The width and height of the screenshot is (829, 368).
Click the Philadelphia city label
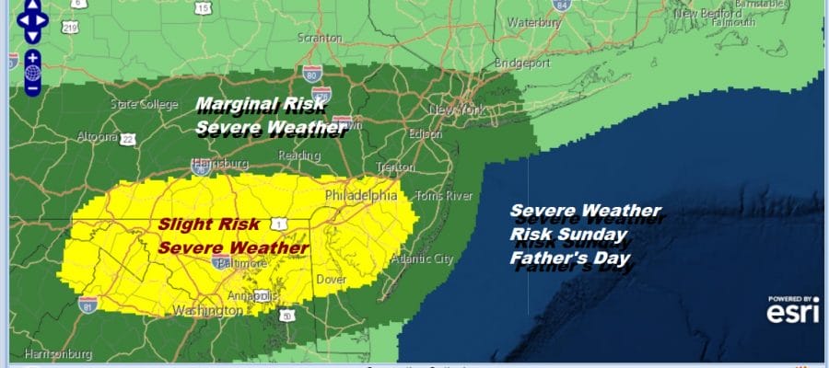360,196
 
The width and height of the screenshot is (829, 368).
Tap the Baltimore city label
241,263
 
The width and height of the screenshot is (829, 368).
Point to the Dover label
331,278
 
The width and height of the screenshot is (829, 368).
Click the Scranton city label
320,39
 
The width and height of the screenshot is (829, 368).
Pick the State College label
137,104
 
